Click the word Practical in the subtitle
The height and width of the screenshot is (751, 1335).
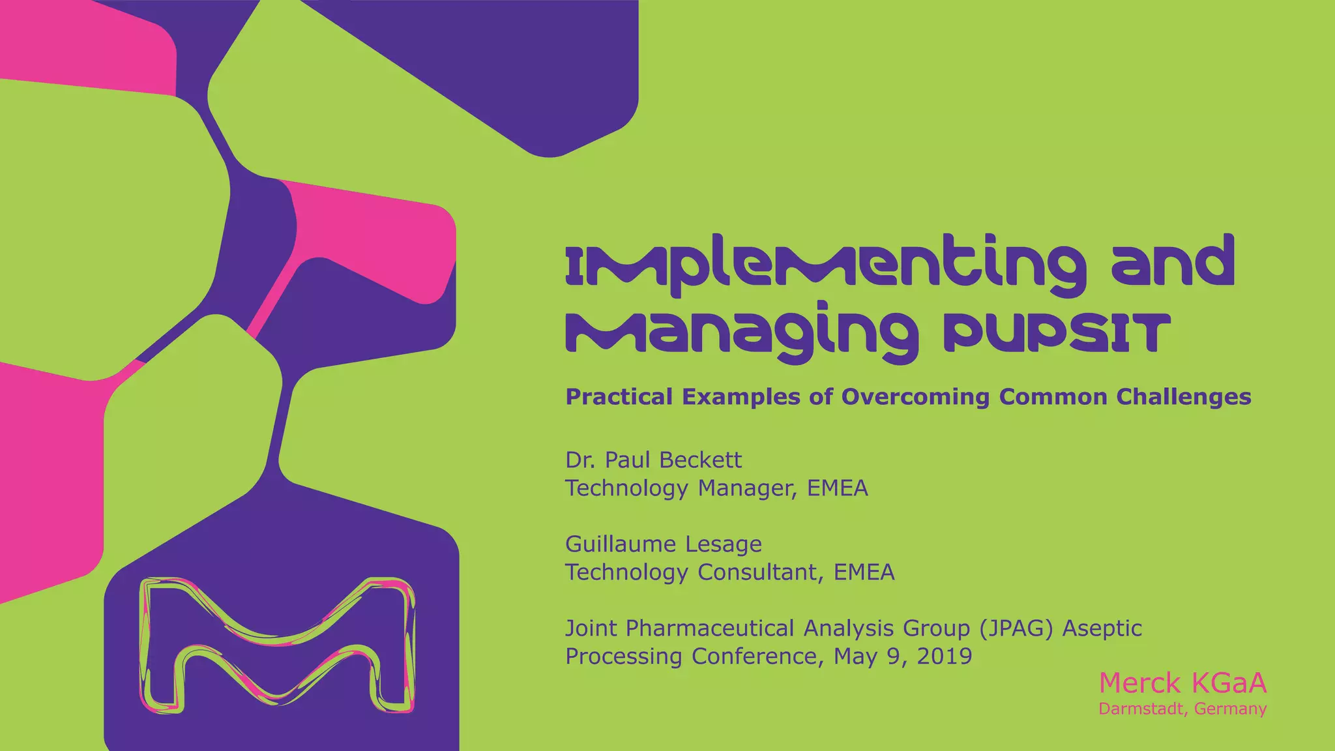[619, 396]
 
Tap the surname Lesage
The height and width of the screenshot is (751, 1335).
[727, 544]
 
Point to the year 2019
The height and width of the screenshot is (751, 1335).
[944, 656]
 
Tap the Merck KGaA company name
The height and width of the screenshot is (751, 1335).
[1182, 683]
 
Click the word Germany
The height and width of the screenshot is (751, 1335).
[1231, 709]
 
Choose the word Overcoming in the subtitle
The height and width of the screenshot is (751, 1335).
[916, 396]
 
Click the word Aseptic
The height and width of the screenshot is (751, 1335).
[1102, 628]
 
